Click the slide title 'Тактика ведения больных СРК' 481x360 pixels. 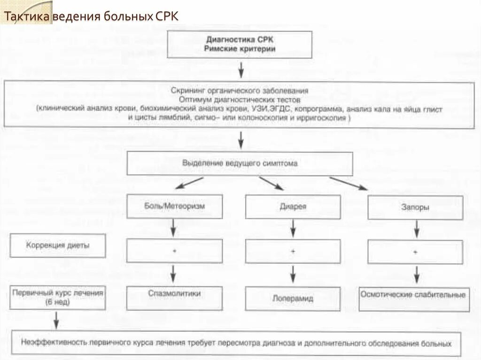[x=91, y=17]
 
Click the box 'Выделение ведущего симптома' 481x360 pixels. [x=240, y=164]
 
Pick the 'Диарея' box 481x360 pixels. [x=293, y=207]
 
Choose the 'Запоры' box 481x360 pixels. [x=415, y=207]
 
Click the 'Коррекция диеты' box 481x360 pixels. [x=58, y=245]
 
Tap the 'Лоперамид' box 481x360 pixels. [x=293, y=298]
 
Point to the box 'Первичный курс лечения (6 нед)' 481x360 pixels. [x=58, y=297]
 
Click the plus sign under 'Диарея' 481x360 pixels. [x=293, y=252]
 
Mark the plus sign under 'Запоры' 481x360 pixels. [x=415, y=253]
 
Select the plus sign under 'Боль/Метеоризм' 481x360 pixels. [x=174, y=251]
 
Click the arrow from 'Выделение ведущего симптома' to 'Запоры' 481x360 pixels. [x=348, y=184]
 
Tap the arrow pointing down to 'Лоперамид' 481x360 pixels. [x=293, y=273]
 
